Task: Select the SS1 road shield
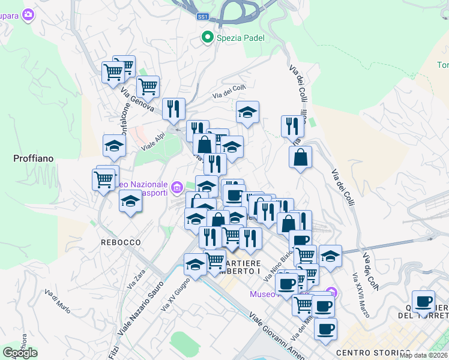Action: tap(202, 17)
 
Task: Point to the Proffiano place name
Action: tap(34, 158)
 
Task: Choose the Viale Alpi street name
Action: tap(152, 142)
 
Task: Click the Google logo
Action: tap(20, 353)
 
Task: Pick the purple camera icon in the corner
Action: tap(28, 15)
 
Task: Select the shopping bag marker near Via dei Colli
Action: tap(300, 158)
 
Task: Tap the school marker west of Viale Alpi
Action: tap(114, 146)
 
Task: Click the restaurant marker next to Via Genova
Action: tap(173, 109)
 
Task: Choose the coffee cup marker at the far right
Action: tap(424, 301)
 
